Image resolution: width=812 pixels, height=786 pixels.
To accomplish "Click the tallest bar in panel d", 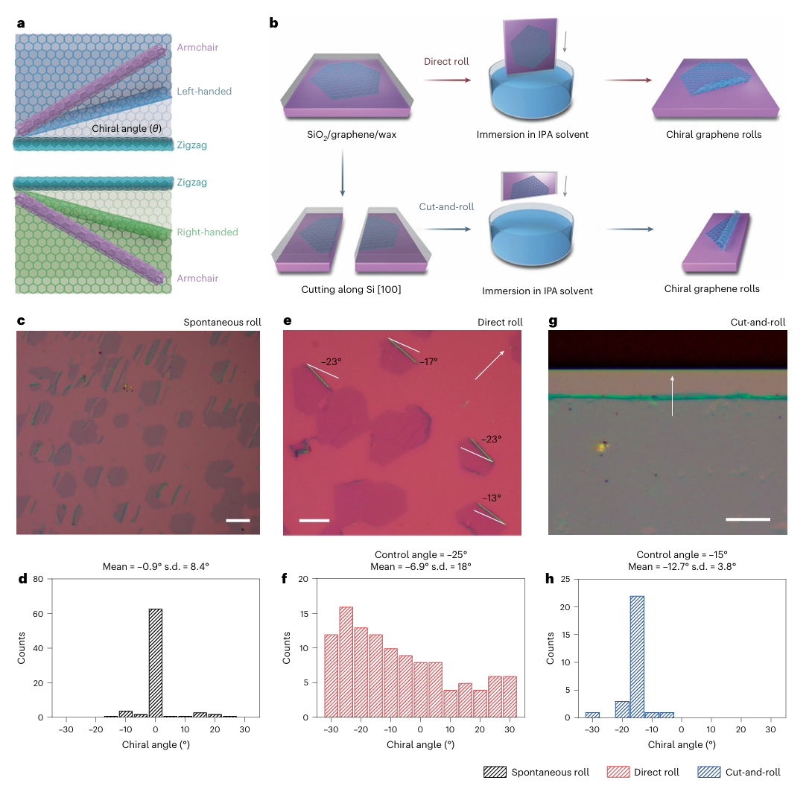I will pos(156,663).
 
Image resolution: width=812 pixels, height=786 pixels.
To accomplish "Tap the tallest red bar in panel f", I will pos(346,663).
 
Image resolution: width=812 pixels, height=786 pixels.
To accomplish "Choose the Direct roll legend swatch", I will pos(618,773).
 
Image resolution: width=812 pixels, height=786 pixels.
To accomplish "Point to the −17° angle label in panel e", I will pos(428,361).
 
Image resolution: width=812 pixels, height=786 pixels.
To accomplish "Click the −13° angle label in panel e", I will pos(488,498).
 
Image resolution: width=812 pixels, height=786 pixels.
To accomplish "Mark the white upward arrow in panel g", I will pos(673,395).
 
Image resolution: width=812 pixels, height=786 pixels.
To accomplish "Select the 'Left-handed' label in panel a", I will pos(204,92).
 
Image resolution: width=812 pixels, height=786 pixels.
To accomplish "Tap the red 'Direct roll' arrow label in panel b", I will pos(446,61).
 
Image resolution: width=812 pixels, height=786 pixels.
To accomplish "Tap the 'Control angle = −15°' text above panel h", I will pos(682,554).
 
